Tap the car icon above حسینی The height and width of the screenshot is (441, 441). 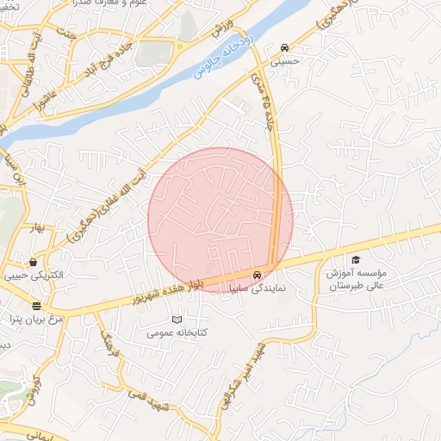(x=284, y=47)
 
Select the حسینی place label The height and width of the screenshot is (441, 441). (x=284, y=61)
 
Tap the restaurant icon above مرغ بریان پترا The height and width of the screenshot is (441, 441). (x=36, y=306)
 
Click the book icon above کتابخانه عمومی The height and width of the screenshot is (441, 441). (x=177, y=320)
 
